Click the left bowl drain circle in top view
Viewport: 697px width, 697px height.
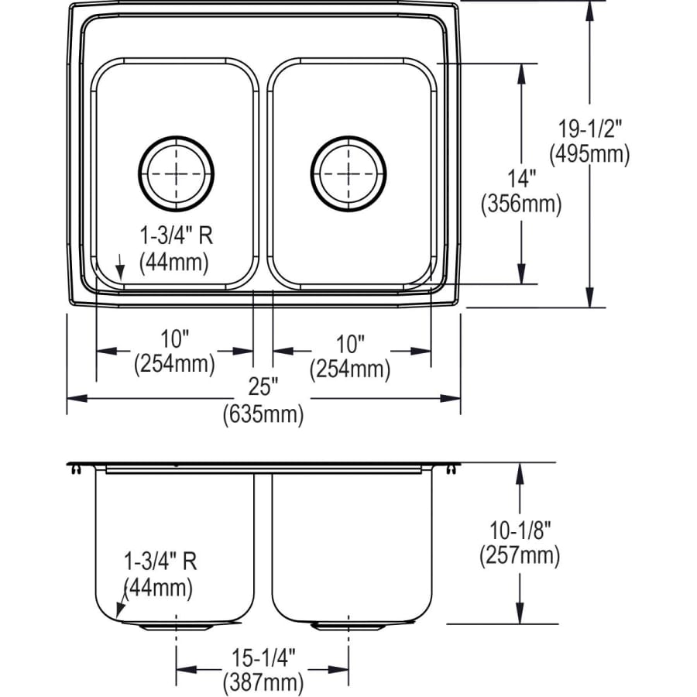177,173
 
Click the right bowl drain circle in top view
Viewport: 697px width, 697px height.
348,173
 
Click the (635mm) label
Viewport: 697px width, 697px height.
263,414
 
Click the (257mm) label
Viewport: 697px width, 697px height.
519,555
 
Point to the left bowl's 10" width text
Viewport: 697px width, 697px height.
175,339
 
